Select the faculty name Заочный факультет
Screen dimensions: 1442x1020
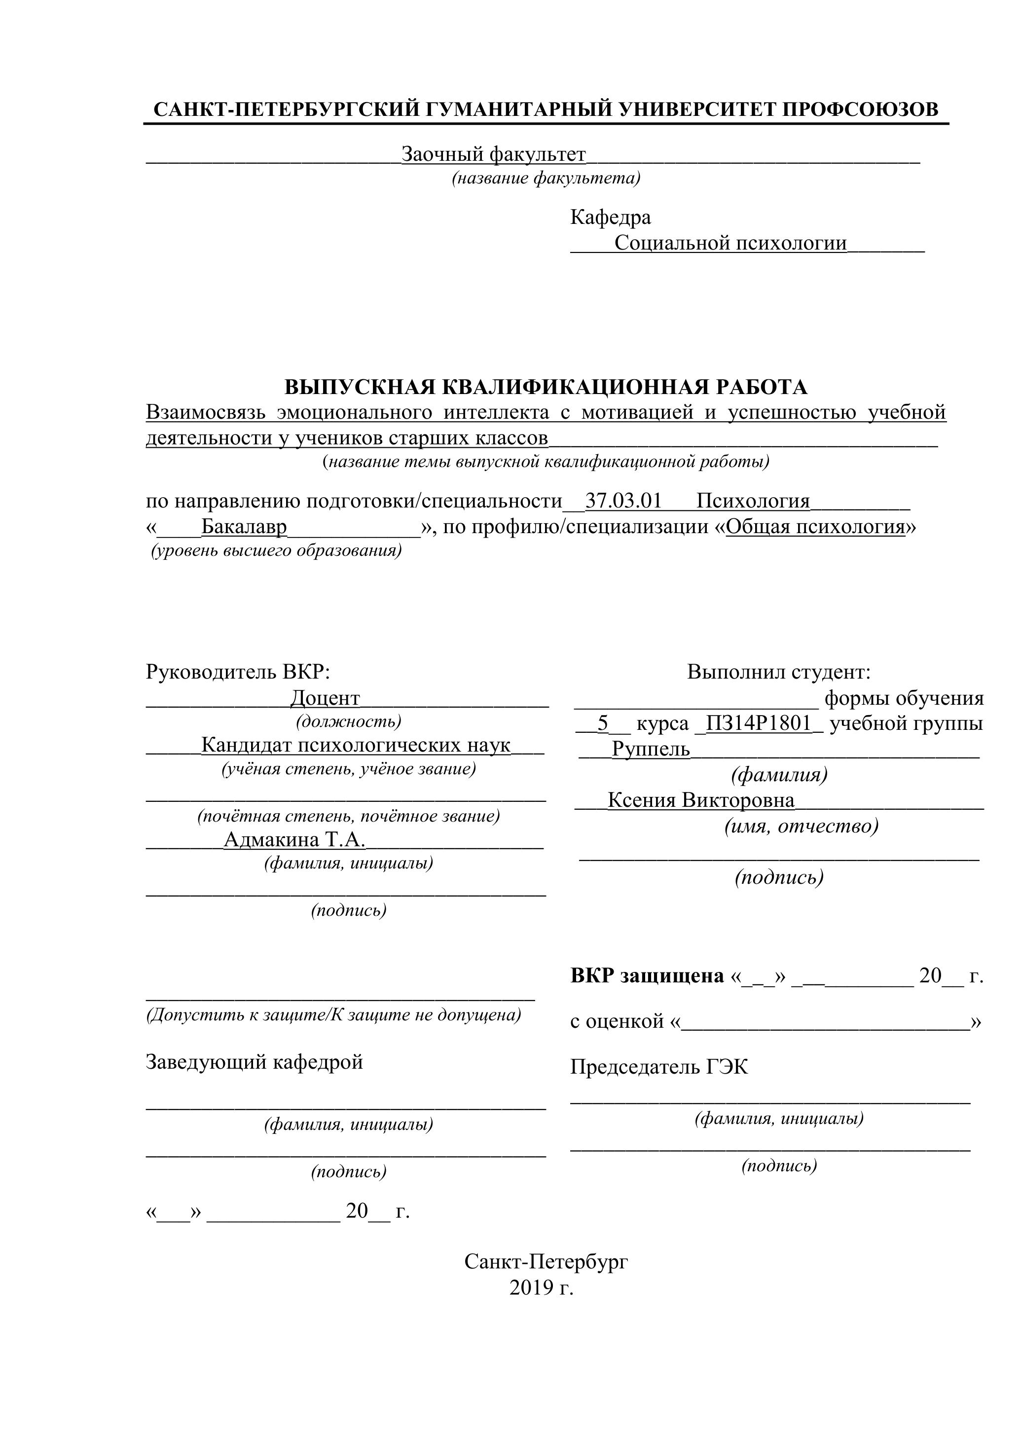[x=493, y=154]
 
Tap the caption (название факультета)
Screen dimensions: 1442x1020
[x=546, y=179]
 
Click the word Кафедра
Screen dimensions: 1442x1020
[x=611, y=217]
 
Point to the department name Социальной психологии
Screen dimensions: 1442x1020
[x=730, y=243]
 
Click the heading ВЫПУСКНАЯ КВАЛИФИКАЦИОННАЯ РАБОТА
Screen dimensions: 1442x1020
[x=546, y=386]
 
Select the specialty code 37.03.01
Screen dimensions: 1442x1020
[x=623, y=501]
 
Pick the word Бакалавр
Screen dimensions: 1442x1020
[x=244, y=526]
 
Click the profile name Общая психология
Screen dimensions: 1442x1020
[x=815, y=526]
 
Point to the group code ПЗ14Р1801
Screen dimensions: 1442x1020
[x=759, y=723]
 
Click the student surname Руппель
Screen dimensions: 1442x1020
[x=651, y=749]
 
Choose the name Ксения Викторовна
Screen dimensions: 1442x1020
[x=701, y=800]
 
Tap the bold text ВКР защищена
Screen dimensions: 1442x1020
[x=647, y=975]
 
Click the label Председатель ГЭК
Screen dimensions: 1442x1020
[x=659, y=1066]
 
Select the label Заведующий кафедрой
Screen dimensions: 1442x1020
[x=255, y=1061]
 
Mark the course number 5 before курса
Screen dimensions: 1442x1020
[x=603, y=723]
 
